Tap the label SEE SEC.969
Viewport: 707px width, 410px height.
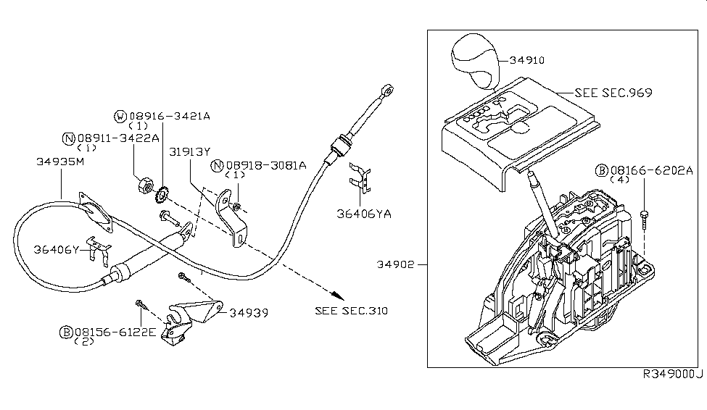(x=613, y=93)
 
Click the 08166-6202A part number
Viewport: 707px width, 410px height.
(x=651, y=171)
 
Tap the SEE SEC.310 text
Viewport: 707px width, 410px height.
(x=351, y=311)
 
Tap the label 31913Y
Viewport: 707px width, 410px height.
(x=189, y=152)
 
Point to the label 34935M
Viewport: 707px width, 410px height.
(x=60, y=162)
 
